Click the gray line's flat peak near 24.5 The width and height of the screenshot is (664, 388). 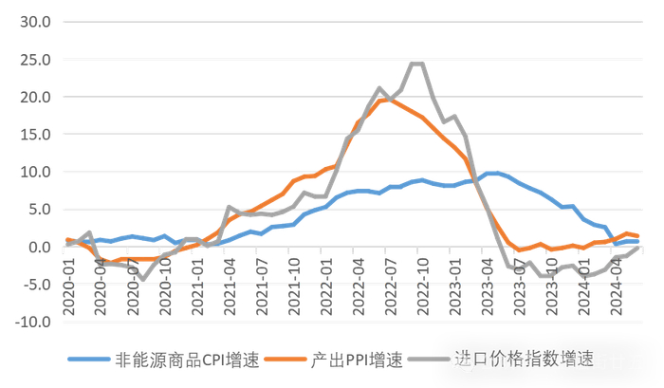[x=416, y=64]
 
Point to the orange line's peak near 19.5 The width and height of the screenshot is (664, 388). [x=384, y=100]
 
